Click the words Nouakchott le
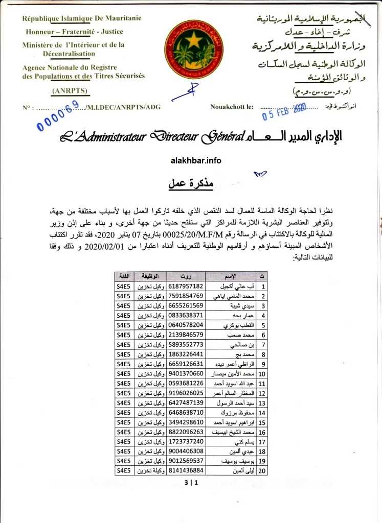point(232,107)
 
